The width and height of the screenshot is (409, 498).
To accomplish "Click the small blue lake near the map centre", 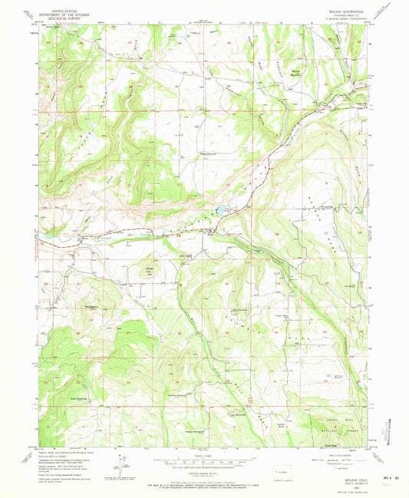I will click(219, 209).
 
